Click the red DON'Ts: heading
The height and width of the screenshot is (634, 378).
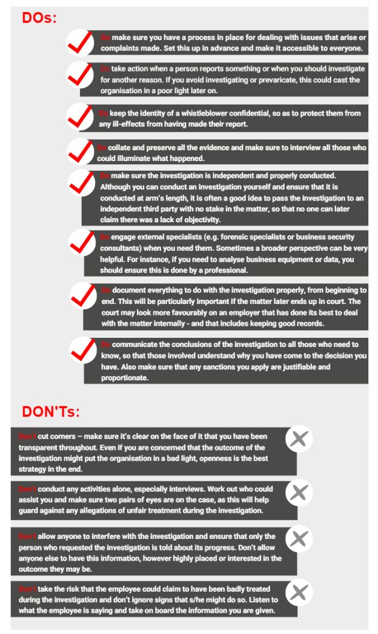tap(51, 412)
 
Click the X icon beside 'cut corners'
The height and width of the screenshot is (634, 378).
tap(296, 441)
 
